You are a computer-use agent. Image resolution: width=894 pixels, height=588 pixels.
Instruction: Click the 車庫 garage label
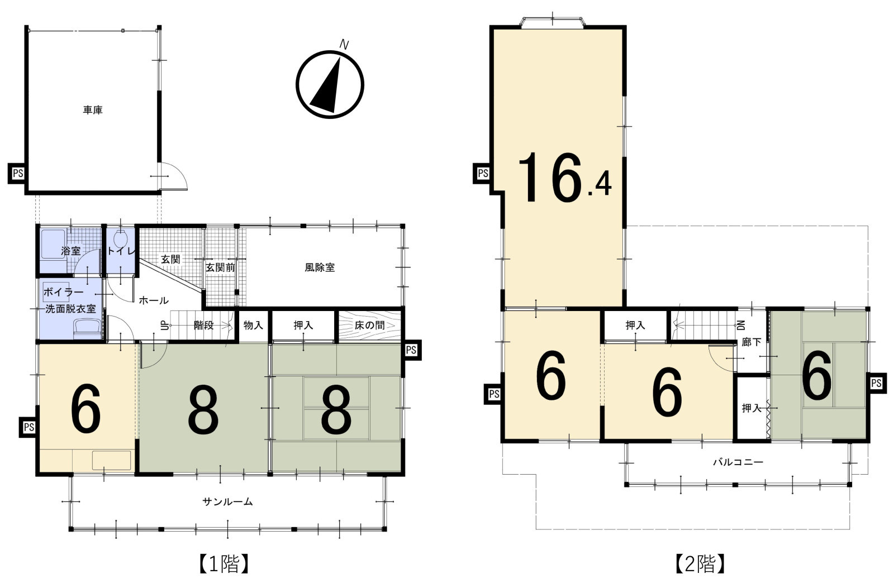tap(93, 109)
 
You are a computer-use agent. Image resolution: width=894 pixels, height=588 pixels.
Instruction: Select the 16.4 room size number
tap(564, 178)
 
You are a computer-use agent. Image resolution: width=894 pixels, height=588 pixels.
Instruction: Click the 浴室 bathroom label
tap(70, 251)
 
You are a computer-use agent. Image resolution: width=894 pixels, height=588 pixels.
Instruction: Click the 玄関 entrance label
tap(170, 259)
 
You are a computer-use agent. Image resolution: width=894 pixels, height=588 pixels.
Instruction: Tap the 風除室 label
tap(320, 267)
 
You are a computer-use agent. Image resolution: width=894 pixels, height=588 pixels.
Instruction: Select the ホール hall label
tap(154, 300)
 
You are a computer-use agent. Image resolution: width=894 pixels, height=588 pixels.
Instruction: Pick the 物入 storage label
tap(254, 326)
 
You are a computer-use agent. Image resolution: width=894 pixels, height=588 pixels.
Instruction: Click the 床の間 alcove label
tap(369, 326)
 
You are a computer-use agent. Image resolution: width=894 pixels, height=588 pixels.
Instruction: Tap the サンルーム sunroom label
tap(227, 502)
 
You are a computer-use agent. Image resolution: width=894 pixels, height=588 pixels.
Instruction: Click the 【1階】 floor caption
tap(224, 564)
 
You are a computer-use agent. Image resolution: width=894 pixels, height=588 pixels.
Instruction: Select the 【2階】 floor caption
tap(700, 564)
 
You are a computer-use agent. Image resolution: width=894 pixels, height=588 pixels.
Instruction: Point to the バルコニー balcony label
tap(738, 462)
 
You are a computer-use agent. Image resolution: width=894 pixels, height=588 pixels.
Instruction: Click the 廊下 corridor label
tap(751, 342)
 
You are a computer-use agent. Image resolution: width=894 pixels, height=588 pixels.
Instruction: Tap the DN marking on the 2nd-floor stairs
tap(741, 326)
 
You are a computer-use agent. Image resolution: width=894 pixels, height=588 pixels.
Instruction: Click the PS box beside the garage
tap(18, 174)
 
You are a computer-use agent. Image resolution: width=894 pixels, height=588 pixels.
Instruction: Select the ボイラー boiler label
tap(64, 292)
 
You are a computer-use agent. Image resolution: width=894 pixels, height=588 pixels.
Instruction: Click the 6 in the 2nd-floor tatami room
tap(817, 375)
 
